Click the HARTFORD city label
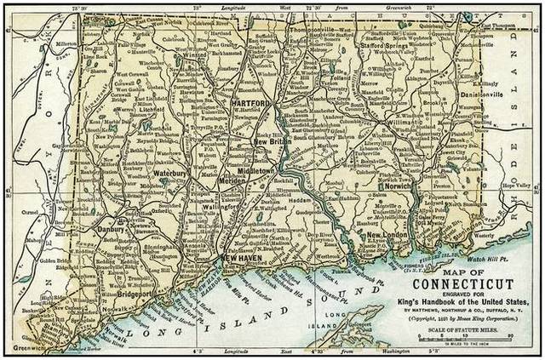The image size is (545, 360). (249, 104)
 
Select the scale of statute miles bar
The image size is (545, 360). (464, 339)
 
